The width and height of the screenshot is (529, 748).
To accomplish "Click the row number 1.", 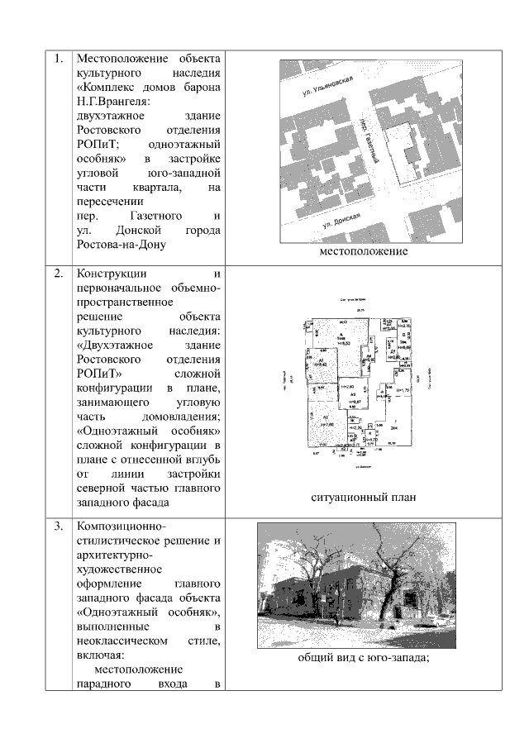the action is pos(58,60).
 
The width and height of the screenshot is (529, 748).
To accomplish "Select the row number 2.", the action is pos(58,274).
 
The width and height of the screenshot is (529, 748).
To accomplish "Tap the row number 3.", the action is pos(58,527).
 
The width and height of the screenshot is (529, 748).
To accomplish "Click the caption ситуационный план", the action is pos(364,498).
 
